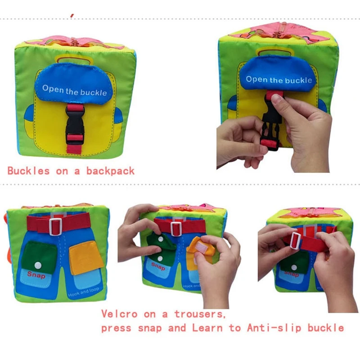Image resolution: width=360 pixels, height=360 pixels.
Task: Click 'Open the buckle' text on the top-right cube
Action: point(279,80)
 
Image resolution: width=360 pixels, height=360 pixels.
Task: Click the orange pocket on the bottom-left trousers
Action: point(85,257)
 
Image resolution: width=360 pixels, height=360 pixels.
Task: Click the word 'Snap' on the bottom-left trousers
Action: point(36,274)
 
